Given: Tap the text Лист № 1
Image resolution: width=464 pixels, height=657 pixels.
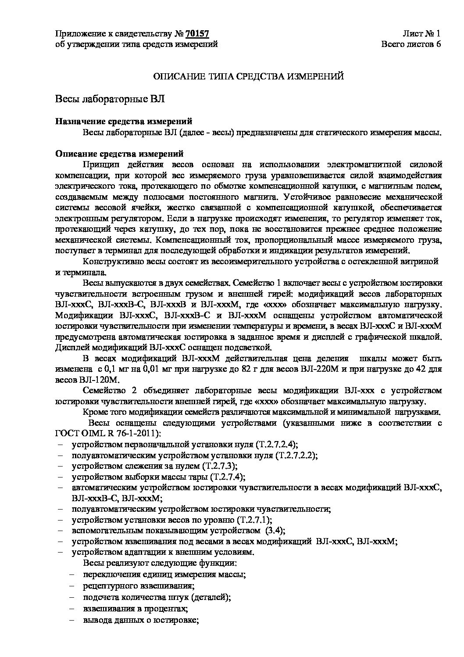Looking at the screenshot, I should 421,34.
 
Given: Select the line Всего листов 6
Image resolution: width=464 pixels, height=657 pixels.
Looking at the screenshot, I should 411,44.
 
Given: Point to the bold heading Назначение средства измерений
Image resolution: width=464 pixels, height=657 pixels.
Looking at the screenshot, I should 124,122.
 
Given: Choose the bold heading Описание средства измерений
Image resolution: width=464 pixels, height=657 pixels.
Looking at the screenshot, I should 119,154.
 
